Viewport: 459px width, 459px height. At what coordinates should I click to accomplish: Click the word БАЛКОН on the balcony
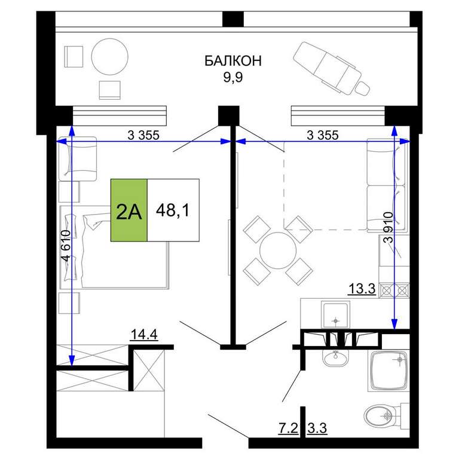[232, 61]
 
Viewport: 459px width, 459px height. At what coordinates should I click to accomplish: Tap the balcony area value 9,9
[233, 77]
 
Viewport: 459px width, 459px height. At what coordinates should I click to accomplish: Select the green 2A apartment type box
[129, 210]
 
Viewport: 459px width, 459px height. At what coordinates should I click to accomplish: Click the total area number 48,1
[173, 210]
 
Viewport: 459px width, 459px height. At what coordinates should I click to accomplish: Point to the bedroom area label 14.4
[144, 334]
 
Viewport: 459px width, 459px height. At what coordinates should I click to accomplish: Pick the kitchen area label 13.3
[362, 289]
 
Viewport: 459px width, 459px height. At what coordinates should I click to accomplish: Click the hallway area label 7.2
[288, 428]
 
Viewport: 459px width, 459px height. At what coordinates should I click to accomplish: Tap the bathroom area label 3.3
[317, 428]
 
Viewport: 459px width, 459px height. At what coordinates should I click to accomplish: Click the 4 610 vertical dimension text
[66, 246]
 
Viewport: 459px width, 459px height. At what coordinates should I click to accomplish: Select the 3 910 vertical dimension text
[388, 228]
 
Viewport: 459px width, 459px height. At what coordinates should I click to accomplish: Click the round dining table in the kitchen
[278, 250]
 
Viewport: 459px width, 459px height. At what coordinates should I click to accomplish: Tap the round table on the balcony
[110, 57]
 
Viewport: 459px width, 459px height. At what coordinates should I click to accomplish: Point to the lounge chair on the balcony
[331, 69]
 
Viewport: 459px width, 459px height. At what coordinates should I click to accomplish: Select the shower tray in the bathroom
[388, 371]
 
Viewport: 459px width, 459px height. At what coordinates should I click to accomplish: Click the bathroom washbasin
[336, 358]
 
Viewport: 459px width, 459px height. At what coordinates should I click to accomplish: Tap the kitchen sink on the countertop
[335, 315]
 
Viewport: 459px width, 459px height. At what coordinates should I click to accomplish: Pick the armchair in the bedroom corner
[78, 159]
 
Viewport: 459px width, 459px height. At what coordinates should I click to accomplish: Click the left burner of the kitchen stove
[387, 290]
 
